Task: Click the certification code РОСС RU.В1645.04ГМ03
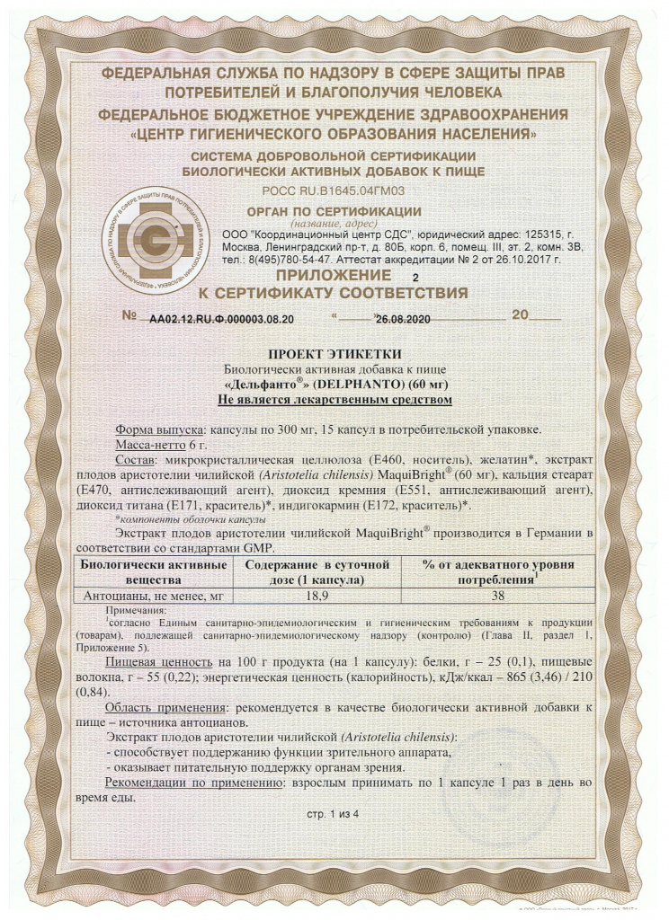[334, 190]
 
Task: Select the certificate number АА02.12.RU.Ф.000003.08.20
[221, 318]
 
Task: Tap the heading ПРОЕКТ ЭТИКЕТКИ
[334, 354]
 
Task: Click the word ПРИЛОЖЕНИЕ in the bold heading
[333, 275]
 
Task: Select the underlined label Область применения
[165, 709]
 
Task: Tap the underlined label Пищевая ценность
[160, 660]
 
